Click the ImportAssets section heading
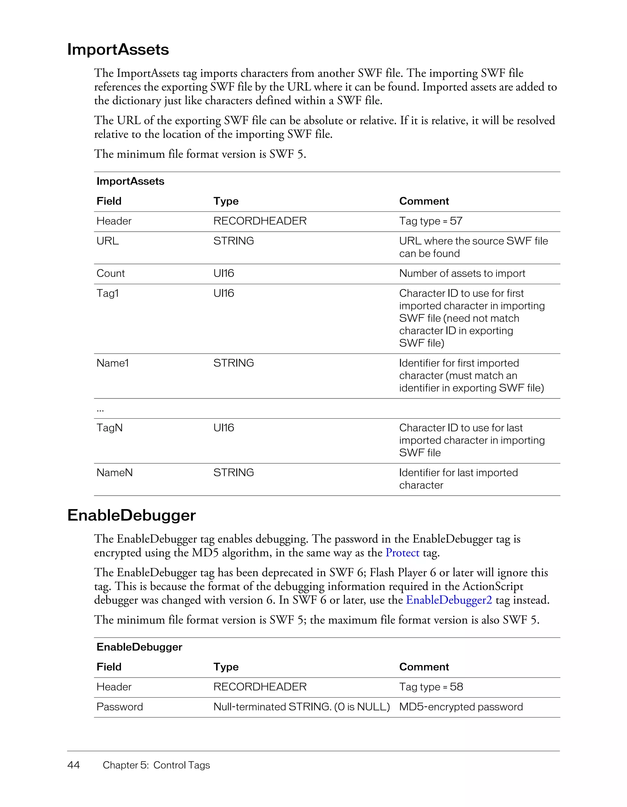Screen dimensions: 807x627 click(x=118, y=50)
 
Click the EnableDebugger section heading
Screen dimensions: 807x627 click(x=131, y=515)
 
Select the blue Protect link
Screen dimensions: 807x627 click(x=402, y=553)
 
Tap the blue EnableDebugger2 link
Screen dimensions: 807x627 click(x=449, y=600)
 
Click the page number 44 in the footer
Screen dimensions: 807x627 click(x=73, y=765)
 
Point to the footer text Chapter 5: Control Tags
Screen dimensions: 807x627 click(x=156, y=765)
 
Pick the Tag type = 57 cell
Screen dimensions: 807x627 click(x=431, y=221)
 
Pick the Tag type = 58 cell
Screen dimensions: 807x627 click(x=431, y=687)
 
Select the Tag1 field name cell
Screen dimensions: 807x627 click(x=107, y=293)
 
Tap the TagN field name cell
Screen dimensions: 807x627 click(x=109, y=428)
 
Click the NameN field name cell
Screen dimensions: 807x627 click(x=115, y=473)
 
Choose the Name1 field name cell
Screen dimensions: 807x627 click(x=113, y=363)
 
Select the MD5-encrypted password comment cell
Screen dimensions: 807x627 click(x=461, y=706)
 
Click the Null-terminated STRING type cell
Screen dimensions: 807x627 click(x=301, y=706)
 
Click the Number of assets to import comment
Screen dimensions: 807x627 click(x=462, y=273)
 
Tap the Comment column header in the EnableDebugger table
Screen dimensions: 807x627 click(x=424, y=667)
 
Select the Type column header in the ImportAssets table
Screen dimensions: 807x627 click(x=226, y=201)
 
